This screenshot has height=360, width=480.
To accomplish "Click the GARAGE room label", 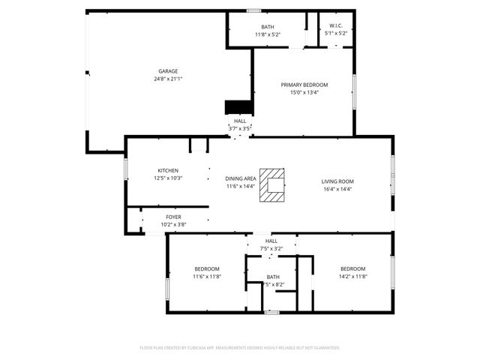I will pos(167,71).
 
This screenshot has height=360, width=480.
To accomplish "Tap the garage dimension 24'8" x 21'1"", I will pos(168,79).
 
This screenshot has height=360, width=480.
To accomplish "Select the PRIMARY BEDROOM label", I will pos(304,85).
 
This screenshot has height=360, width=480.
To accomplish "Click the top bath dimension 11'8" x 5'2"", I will pos(268,34).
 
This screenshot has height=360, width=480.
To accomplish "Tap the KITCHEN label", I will pos(168,170).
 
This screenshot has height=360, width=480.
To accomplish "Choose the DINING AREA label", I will pos(240,178).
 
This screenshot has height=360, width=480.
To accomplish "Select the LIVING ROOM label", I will pos(337,181).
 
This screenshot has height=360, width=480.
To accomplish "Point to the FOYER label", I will pos(172,217).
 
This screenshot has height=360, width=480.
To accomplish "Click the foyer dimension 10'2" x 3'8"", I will pos(173,224).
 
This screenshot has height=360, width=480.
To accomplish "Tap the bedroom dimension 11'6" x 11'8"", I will pos(207,276).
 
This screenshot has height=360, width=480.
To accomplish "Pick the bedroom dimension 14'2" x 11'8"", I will pos(352,276).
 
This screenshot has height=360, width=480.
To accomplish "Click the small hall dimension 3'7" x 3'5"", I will pos(240,128).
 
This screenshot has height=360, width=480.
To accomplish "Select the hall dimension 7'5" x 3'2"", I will pos(271,248).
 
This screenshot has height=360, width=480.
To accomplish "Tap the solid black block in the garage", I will pos(238,106).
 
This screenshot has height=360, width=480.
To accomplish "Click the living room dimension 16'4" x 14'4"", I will pos(337,189).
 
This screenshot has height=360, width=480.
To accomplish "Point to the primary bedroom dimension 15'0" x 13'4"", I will pos(304,93).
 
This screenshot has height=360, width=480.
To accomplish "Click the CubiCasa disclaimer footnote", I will pos(240,348).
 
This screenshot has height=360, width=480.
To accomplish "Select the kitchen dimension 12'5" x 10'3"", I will pos(168,178).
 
